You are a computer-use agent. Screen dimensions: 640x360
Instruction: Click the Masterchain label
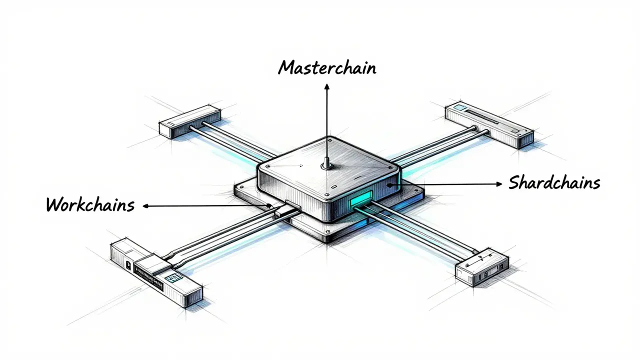(x=327, y=67)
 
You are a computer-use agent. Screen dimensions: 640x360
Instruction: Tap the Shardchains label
(x=554, y=182)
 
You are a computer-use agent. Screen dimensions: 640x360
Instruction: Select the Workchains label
(x=90, y=204)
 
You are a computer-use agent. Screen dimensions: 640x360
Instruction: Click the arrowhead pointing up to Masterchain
(x=327, y=86)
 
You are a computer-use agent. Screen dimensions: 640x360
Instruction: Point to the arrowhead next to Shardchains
(x=499, y=184)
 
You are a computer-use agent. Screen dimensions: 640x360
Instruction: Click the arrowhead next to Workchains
(x=145, y=206)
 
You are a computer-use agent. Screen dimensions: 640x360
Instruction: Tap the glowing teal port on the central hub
(x=361, y=198)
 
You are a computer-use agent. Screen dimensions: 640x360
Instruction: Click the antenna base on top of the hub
(x=326, y=166)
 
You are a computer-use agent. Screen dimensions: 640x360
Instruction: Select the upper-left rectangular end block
(x=189, y=122)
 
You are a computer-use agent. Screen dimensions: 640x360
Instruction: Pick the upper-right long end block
(x=489, y=125)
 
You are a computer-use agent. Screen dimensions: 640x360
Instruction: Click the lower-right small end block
(x=481, y=267)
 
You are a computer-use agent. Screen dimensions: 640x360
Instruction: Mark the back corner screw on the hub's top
(x=330, y=140)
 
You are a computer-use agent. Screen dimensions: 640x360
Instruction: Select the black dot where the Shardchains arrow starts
(x=389, y=185)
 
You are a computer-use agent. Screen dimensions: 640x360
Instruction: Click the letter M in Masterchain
(x=286, y=67)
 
